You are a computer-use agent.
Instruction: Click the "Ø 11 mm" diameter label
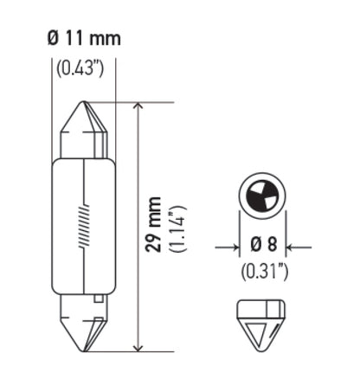click(x=81, y=38)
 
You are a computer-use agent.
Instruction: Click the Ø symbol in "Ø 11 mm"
click(x=50, y=38)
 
